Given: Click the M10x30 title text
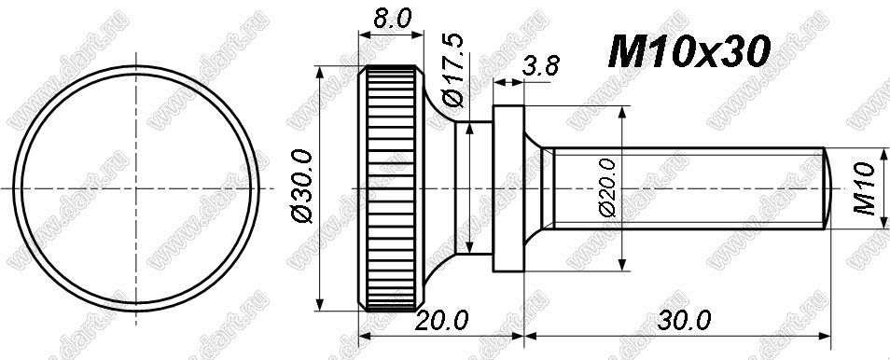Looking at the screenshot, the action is pos(688,51).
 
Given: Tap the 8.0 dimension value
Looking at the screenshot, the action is pos(391,20).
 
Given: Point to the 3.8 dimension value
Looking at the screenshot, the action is pos(540,66).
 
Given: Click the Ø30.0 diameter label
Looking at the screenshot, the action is pos(302,187).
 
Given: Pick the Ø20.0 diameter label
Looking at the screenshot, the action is pos(606,187).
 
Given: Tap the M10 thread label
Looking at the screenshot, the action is pos(865,188).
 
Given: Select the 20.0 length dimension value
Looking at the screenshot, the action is pos(441,322).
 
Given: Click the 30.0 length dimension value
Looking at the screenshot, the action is pos(684,322).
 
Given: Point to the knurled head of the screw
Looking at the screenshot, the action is pos(391,188).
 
